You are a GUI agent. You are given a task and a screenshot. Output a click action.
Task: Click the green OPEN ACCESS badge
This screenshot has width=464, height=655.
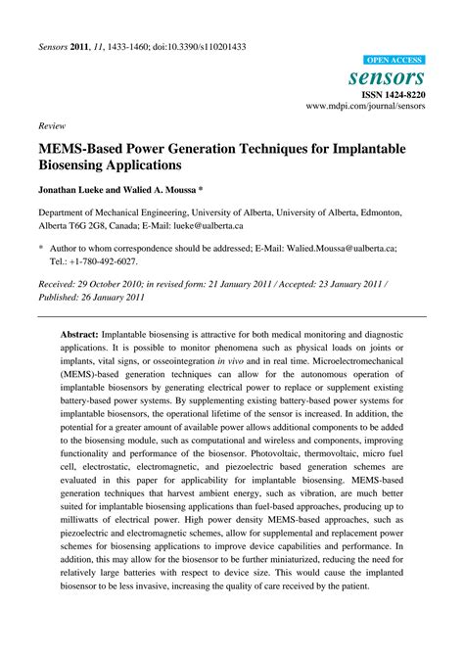394,60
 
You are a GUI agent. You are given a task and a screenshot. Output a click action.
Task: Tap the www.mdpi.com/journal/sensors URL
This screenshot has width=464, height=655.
366,108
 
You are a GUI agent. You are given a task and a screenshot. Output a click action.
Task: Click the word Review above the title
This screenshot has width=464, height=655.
52,126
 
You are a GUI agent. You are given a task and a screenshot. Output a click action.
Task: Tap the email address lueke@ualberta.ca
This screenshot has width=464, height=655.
202,224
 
